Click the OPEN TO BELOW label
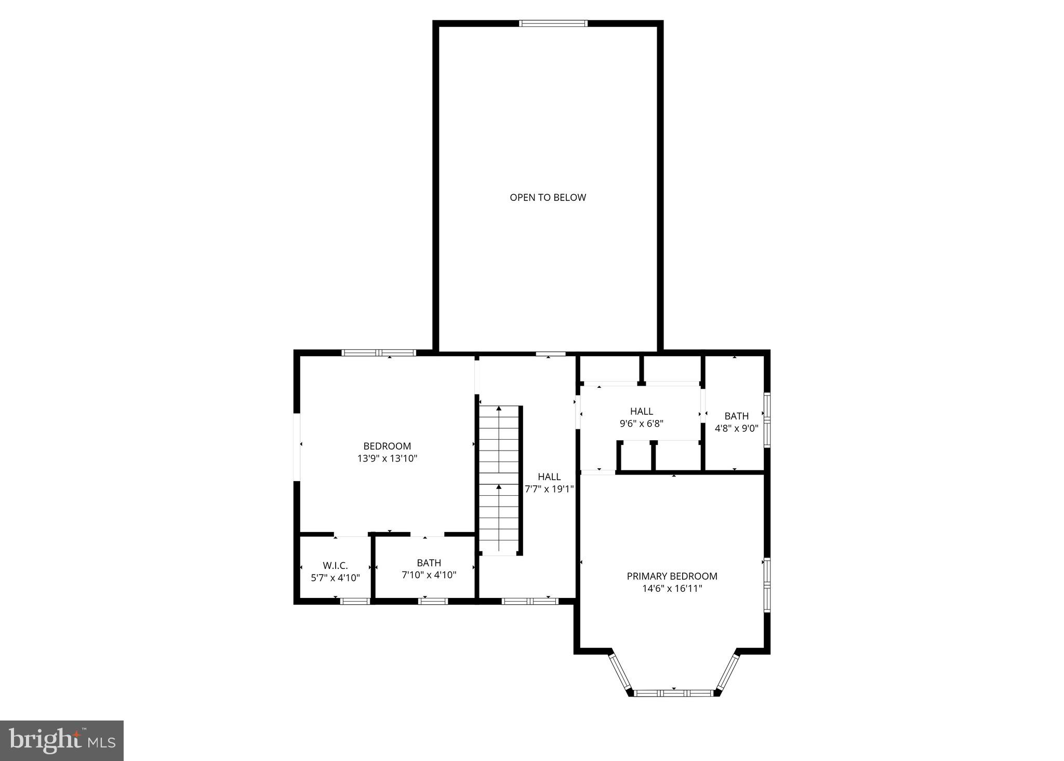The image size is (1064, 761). click(548, 197)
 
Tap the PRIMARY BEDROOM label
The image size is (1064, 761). click(672, 576)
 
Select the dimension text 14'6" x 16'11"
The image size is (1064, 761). click(672, 589)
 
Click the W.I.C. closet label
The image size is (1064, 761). click(335, 565)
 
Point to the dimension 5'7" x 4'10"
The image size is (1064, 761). click(335, 577)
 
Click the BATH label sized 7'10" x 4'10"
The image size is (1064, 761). click(429, 563)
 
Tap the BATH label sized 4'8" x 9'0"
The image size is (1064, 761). click(736, 416)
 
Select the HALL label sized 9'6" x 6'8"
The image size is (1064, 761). click(641, 411)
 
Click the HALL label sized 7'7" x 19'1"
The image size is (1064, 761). click(549, 477)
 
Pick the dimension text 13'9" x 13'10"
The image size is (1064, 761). click(387, 458)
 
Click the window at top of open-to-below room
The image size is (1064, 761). click(553, 23)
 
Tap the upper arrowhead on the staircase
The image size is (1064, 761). click(499, 409)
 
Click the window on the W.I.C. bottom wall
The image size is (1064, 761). click(355, 601)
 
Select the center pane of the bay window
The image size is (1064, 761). click(674, 693)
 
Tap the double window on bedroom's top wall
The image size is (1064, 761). click(379, 353)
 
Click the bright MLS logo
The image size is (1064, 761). click(62, 741)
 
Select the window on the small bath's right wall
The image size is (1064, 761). click(766, 419)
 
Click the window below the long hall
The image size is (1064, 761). click(530, 601)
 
